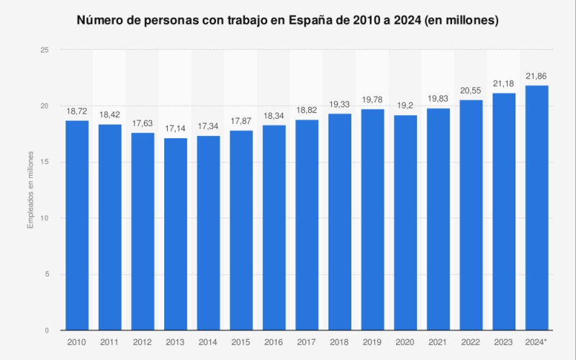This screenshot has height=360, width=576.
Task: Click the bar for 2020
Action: pyautogui.click(x=405, y=222)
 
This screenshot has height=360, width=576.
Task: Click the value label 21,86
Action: pyautogui.click(x=536, y=76)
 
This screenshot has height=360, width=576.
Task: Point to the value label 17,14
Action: pyautogui.click(x=176, y=128)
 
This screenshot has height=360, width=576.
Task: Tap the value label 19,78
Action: pyautogui.click(x=372, y=99)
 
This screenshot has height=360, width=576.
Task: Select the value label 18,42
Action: pyautogui.click(x=110, y=114)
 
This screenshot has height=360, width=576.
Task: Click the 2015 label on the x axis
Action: pyautogui.click(x=241, y=342)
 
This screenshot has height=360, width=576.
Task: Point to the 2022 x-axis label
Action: pyautogui.click(x=471, y=342)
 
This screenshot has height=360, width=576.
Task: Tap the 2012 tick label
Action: pyautogui.click(x=143, y=342)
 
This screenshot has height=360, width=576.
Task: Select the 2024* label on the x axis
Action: pyautogui.click(x=536, y=342)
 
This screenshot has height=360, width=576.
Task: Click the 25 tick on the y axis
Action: pyautogui.click(x=45, y=50)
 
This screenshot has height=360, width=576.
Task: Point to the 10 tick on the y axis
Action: pyautogui.click(x=45, y=218)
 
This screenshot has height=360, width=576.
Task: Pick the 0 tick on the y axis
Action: pyautogui.click(x=47, y=330)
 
